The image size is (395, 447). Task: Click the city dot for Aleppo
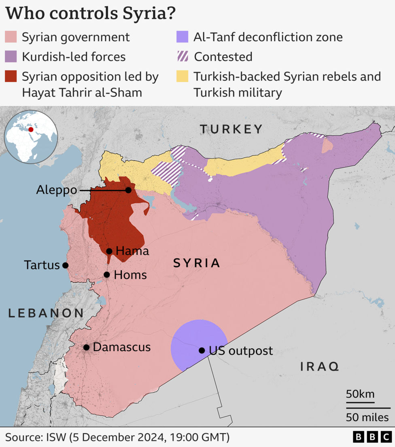(x=128, y=190)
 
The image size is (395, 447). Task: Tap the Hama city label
(x=132, y=251)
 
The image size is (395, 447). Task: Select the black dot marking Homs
(x=107, y=275)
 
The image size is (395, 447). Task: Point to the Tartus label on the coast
(x=42, y=265)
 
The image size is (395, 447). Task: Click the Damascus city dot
(x=86, y=347)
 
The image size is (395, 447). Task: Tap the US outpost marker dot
(x=202, y=350)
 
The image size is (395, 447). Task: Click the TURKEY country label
(x=231, y=129)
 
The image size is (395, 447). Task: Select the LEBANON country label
(x=46, y=313)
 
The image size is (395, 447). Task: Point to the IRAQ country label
(x=319, y=367)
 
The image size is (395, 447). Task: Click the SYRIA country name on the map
(x=197, y=263)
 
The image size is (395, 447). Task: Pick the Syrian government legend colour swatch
(x=11, y=37)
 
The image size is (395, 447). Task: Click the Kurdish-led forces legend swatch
(x=11, y=57)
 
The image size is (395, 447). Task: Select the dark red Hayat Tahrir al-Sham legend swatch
(x=11, y=76)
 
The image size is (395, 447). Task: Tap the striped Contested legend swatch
(x=183, y=57)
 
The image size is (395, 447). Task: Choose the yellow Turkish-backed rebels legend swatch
(x=183, y=76)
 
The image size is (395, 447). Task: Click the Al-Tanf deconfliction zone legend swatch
(x=183, y=37)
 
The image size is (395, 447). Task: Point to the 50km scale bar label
(x=360, y=394)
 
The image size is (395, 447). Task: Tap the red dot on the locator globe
(x=31, y=130)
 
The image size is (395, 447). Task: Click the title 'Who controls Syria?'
(x=91, y=13)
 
